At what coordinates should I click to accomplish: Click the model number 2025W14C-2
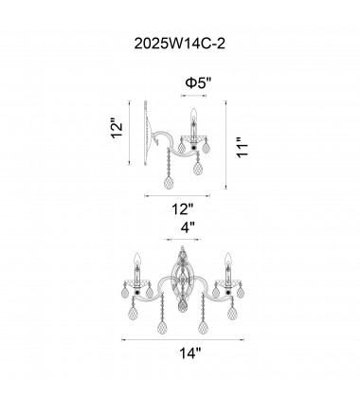click(x=180, y=44)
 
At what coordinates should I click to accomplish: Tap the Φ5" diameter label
click(x=198, y=83)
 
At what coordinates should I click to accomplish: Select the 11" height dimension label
click(x=243, y=148)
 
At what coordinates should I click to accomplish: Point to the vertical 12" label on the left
click(x=117, y=128)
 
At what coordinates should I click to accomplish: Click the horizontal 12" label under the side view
click(x=182, y=209)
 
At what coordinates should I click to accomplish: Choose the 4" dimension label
click(x=188, y=227)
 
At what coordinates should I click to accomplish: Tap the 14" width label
click(x=190, y=353)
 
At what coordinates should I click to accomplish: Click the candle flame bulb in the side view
click(x=193, y=115)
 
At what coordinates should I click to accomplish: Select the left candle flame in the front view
click(x=137, y=260)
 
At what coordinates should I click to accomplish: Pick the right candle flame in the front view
click(x=228, y=260)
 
